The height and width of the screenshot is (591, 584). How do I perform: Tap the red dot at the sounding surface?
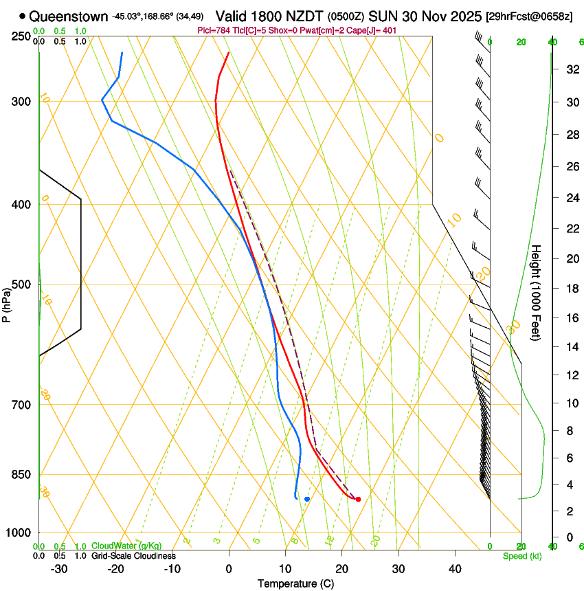coord(358,499)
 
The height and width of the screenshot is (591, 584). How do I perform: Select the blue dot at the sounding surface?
coord(307,499)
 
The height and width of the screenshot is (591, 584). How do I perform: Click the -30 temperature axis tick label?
coord(59,569)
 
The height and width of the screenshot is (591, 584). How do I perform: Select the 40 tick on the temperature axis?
coord(454,569)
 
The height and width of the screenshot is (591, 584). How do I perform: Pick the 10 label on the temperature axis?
coord(285,569)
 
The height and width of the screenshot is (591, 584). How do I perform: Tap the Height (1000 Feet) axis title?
coord(536,292)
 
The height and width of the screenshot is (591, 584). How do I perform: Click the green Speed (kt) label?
coord(522,556)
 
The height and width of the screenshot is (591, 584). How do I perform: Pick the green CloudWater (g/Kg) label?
coord(126,546)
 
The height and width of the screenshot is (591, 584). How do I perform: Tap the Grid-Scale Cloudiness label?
coord(133,555)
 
